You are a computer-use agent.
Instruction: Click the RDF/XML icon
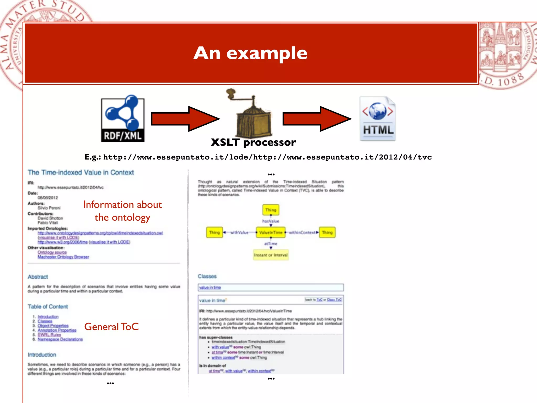coord(123,119)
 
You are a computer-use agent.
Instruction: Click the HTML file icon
coord(378,119)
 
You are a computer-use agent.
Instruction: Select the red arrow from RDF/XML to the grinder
coord(185,119)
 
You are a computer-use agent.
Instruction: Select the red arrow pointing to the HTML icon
coord(316,119)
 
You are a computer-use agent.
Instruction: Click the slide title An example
coord(250,53)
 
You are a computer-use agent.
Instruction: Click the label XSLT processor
coord(253,142)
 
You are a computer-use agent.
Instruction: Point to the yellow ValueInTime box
coord(271,232)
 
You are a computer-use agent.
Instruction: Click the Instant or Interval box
coord(271,255)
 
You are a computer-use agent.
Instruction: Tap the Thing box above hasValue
coord(271,210)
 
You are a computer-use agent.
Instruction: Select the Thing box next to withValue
coord(214,232)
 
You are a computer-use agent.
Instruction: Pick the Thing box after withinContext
coord(327,232)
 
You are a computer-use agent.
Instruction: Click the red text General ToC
coord(111,327)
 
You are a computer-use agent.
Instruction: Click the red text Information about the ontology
coord(122,211)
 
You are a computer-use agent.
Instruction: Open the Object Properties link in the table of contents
coord(53,326)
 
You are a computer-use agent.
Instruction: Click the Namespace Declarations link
coord(60,339)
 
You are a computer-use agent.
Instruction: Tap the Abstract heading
coord(38,277)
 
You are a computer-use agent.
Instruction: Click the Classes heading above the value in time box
coord(207,276)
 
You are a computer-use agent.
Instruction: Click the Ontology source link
coord(52,252)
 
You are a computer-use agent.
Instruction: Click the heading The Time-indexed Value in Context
coord(81,172)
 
